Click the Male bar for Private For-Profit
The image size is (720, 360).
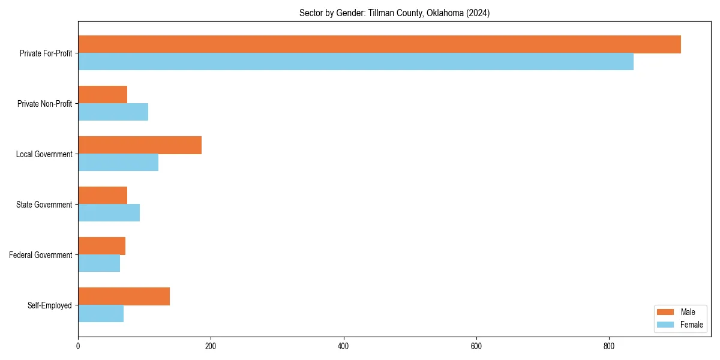coord(379,44)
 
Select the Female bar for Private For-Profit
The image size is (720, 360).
coord(356,62)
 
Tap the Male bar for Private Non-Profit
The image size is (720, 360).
coord(103,95)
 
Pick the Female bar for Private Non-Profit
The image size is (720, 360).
coord(113,112)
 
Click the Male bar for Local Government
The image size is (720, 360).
coord(140,145)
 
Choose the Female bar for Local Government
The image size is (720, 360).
coord(118,163)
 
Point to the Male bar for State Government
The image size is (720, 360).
coord(103,196)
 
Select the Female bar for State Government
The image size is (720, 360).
coord(109,213)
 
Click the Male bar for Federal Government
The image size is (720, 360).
coord(101,246)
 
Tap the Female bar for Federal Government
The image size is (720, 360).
coord(99,263)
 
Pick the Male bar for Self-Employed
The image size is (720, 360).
coord(124,296)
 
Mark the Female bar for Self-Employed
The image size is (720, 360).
coord(101,314)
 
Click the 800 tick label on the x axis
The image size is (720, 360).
coord(609,346)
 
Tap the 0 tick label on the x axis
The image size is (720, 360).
coord(78,346)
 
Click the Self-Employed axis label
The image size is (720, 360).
coord(50,305)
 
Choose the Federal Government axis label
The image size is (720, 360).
coord(41,255)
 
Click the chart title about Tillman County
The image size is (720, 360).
coord(394,13)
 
